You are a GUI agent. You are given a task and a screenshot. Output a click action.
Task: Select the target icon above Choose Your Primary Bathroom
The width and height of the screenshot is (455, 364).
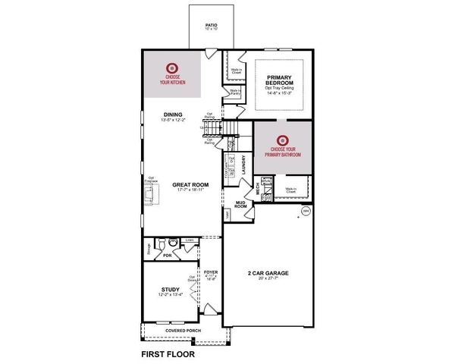pos(283,140)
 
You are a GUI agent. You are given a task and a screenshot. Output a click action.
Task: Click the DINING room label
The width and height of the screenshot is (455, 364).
pos(172,115)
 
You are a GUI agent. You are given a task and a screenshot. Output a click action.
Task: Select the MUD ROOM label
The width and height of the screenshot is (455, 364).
pos(240,204)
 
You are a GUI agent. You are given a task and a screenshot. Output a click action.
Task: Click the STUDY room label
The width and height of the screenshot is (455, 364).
pos(171,290)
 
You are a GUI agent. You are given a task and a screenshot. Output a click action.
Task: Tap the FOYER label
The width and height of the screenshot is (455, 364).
pos(211,271)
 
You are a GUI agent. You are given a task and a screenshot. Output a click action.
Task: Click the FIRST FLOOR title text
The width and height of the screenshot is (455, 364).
pos(168,353)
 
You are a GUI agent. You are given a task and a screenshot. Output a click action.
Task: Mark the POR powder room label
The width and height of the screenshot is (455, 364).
pos(157,256)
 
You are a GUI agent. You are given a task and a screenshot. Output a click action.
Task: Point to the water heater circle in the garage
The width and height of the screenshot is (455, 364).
pos(306,211)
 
